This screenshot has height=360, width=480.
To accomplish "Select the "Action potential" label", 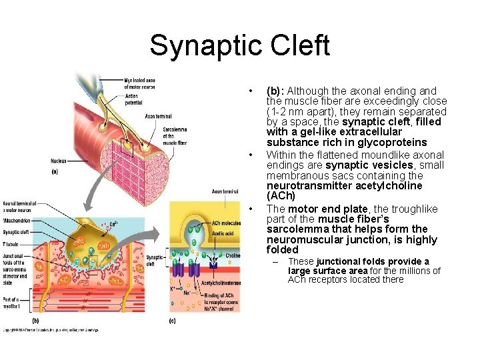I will [x=133, y=99].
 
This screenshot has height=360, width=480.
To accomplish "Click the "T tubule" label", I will [x=9, y=245].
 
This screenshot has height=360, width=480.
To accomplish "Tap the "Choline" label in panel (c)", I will [x=233, y=255].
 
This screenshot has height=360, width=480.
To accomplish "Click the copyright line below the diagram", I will [x=50, y=330].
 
